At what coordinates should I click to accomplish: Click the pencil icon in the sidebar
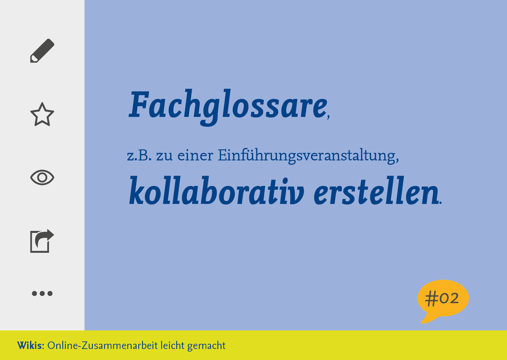tap(42, 50)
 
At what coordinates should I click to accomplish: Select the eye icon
tap(42, 177)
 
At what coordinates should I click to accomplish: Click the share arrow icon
tap(42, 241)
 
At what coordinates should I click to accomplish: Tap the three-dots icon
tap(42, 293)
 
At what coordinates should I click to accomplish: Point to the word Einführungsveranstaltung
tap(307, 156)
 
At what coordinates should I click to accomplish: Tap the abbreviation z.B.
tap(139, 155)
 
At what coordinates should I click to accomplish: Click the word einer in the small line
tap(195, 155)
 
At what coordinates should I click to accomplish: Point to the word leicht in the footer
tap(172, 345)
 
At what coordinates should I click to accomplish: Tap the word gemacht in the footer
tap(206, 346)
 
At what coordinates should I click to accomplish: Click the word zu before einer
tap(164, 156)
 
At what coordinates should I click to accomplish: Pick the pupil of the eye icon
tap(42, 178)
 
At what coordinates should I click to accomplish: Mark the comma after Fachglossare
tap(328, 116)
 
